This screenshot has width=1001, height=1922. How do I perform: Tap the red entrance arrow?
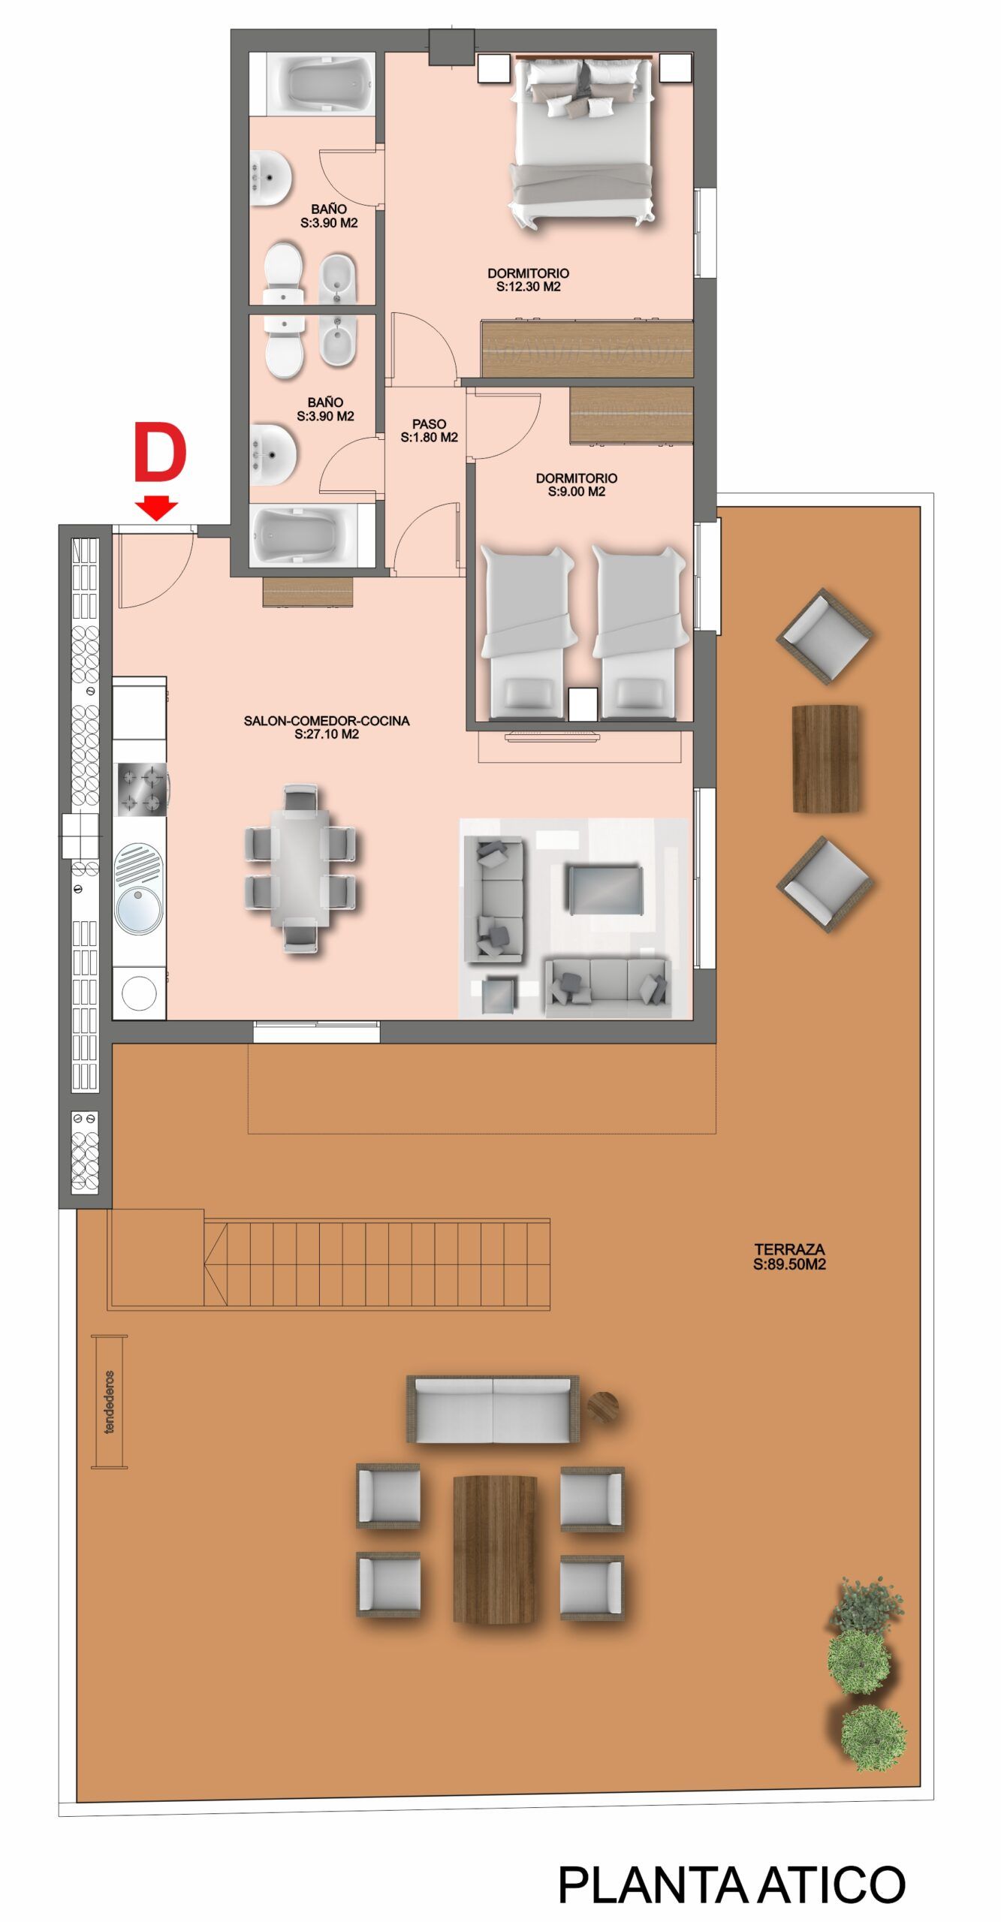[157, 508]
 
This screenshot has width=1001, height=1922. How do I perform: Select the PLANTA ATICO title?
[731, 1884]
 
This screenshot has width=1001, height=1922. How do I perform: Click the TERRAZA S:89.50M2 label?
[789, 1256]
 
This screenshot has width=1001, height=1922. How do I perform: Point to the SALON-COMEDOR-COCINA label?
[327, 727]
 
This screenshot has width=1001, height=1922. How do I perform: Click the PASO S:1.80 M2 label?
[429, 430]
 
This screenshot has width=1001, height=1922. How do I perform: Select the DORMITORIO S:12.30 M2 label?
[528, 279]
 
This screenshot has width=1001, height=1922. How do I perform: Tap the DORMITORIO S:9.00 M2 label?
[576, 484]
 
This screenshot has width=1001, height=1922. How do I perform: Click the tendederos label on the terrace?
[110, 1402]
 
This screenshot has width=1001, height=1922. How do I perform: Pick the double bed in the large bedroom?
[582, 141]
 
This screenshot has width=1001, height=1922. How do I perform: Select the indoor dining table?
[300, 869]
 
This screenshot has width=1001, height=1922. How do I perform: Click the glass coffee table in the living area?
[605, 889]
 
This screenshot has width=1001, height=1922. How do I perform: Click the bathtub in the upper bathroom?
[321, 83]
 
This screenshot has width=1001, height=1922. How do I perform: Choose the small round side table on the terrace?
[602, 1406]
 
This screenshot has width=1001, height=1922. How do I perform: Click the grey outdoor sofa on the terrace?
[493, 1409]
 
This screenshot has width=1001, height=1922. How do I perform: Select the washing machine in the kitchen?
[140, 993]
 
